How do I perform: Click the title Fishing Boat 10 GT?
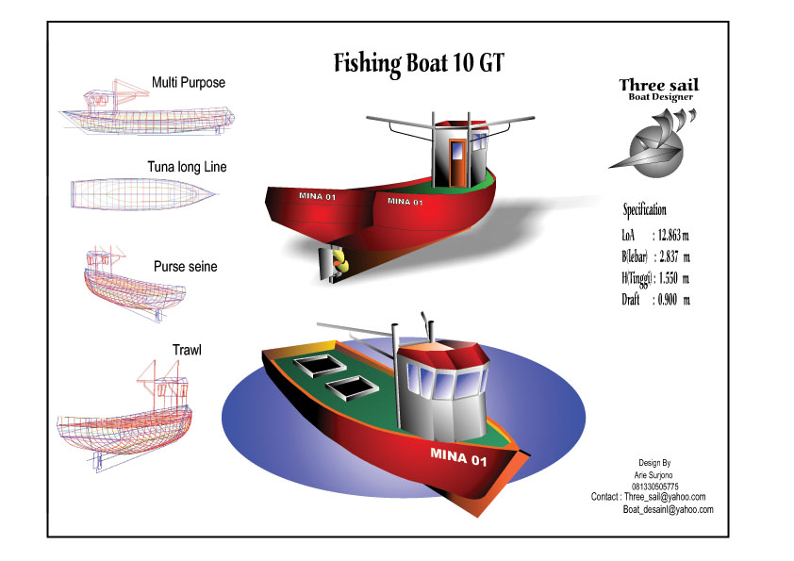(419, 63)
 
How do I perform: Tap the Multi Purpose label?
(189, 83)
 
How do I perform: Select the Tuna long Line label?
(187, 167)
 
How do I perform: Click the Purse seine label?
(185, 267)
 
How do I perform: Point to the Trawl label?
(187, 350)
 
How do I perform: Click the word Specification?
(644, 209)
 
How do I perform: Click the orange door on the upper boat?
(457, 161)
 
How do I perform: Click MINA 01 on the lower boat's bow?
(458, 459)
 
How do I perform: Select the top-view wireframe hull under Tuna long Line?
(144, 192)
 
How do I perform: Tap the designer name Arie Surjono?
(653, 474)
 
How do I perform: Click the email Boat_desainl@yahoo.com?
(668, 509)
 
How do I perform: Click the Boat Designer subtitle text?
(660, 97)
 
